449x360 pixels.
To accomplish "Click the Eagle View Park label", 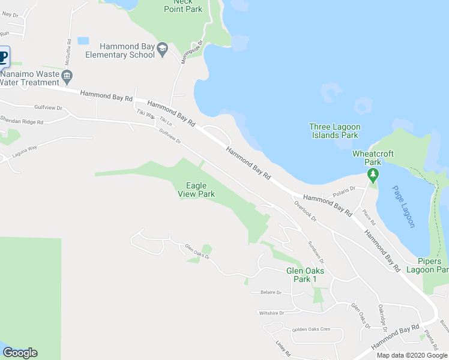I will tap(196, 190).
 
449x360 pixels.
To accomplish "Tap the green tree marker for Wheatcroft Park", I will tap(373, 175).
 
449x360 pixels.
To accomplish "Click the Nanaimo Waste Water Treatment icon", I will tap(67, 76).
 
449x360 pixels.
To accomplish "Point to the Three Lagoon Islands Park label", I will tap(333, 131).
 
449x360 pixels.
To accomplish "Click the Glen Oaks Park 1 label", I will tap(305, 275).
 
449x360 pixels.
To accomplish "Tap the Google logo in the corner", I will tap(20, 352).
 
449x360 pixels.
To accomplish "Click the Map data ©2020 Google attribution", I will tap(412, 355).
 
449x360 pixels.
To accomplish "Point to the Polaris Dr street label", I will tap(344, 192).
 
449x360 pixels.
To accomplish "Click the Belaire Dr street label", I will tap(271, 292).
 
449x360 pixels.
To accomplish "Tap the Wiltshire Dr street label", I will tap(271, 313).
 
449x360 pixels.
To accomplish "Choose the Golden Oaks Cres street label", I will tap(311, 329).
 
